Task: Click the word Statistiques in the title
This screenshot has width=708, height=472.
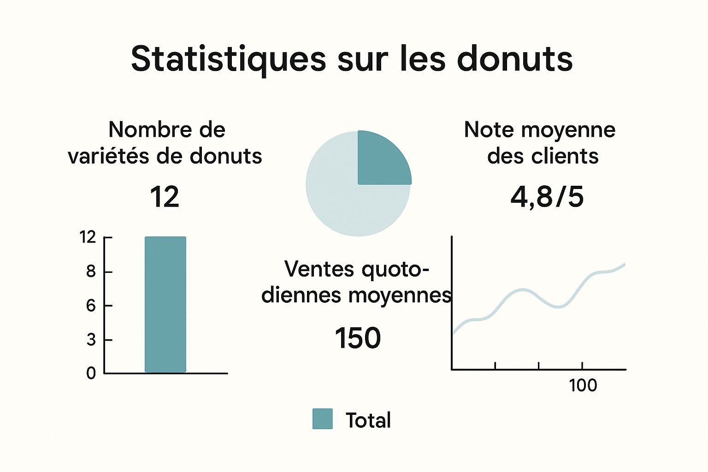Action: pyautogui.click(x=229, y=59)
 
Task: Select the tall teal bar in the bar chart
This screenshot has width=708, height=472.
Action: pyautogui.click(x=165, y=304)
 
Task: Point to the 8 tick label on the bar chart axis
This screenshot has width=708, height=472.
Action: pyautogui.click(x=91, y=271)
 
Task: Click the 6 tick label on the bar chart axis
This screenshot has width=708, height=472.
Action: pyautogui.click(x=91, y=305)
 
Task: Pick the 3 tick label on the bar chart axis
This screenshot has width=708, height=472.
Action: pyautogui.click(x=91, y=340)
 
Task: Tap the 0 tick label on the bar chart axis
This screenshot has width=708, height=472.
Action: pyautogui.click(x=91, y=373)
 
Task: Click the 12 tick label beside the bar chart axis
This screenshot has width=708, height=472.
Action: pyautogui.click(x=88, y=237)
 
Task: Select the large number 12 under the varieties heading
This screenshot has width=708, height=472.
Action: pyautogui.click(x=165, y=197)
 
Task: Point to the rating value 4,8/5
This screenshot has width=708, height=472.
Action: pyautogui.click(x=547, y=197)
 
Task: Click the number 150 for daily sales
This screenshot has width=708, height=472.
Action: pyautogui.click(x=358, y=338)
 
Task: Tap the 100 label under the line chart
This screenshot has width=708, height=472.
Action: pyautogui.click(x=583, y=385)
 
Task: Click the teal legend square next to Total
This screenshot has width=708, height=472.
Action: pyautogui.click(x=322, y=419)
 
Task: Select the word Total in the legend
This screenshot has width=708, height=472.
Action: pyautogui.click(x=368, y=420)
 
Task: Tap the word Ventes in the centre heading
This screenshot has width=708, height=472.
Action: pyautogui.click(x=320, y=269)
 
